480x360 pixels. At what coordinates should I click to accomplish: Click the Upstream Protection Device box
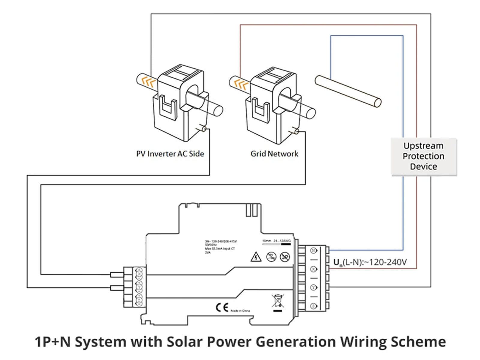[x=423, y=156]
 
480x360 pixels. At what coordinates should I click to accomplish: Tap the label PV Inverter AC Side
[x=170, y=154]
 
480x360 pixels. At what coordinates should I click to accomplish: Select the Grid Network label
[x=274, y=154]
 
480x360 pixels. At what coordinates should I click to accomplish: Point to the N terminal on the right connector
[x=314, y=251]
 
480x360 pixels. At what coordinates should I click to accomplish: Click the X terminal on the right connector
[x=314, y=269]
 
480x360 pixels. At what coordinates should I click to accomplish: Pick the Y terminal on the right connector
[x=314, y=287]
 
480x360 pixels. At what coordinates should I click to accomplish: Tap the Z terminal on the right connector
[x=314, y=306]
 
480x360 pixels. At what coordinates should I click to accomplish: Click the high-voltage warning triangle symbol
[x=256, y=257]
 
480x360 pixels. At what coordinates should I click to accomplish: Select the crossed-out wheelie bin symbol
[x=277, y=301]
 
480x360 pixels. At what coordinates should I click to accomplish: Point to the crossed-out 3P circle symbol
[x=285, y=257]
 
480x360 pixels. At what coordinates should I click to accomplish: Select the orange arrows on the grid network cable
[x=241, y=84]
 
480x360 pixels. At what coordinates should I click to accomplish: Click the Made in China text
[x=240, y=310]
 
